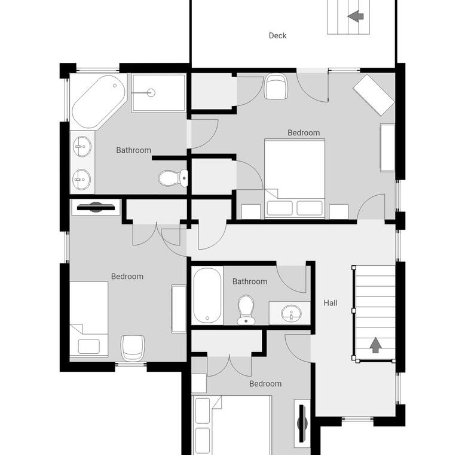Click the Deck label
coord(277,36)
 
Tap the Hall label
coord(331,303)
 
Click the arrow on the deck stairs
coord(356,16)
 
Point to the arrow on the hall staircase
coord(376,345)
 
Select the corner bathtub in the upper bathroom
coord(98,102)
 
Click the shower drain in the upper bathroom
coord(151,93)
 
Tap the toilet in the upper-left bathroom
coord(173,178)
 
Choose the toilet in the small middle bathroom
coord(246,310)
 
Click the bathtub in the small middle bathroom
coord(207,296)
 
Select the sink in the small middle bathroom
coord(291,313)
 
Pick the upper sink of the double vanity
coord(82,146)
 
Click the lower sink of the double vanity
coord(81,180)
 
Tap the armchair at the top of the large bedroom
coord(276,86)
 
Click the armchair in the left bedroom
coord(133,348)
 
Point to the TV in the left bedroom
coord(96,207)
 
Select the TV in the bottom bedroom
coord(302,423)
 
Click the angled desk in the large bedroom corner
coord(374,95)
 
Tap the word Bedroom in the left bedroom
coord(127,277)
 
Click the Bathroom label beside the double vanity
coord(134,150)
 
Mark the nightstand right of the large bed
coord(339,211)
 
